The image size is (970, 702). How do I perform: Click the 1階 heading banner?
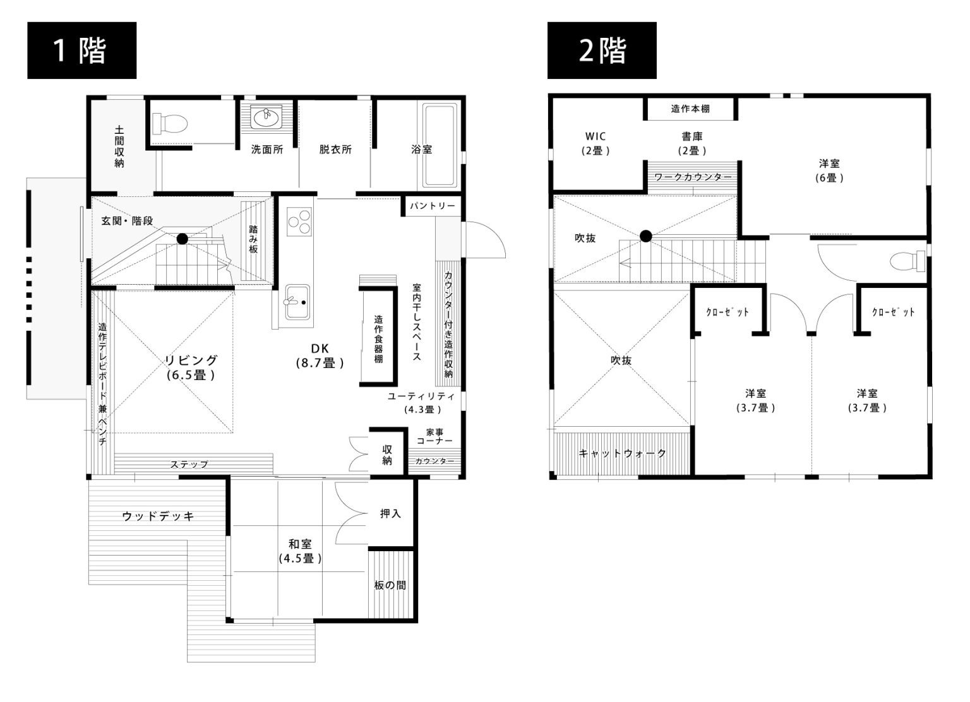click(82, 51)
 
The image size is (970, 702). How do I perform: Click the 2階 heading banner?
click(602, 51)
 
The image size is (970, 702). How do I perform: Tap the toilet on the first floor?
click(169, 124)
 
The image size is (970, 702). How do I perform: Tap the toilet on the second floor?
click(907, 261)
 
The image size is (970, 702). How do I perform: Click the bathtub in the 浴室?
click(440, 145)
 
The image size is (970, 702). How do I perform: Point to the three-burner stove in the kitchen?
click(299, 221)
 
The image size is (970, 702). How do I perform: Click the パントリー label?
click(433, 206)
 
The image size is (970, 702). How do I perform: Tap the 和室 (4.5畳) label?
click(300, 551)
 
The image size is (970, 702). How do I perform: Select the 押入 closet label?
click(390, 514)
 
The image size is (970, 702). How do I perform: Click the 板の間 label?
click(390, 585)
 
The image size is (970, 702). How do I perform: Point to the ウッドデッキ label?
click(158, 516)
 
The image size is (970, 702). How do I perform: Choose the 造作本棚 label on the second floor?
click(690, 109)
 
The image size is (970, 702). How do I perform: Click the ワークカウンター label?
click(693, 177)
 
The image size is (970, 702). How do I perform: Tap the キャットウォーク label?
click(622, 453)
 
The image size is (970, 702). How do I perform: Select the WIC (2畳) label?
click(596, 143)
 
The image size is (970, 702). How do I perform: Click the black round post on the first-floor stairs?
click(183, 239)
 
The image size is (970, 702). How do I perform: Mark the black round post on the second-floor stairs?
click(645, 236)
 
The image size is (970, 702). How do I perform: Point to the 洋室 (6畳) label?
click(829, 170)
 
